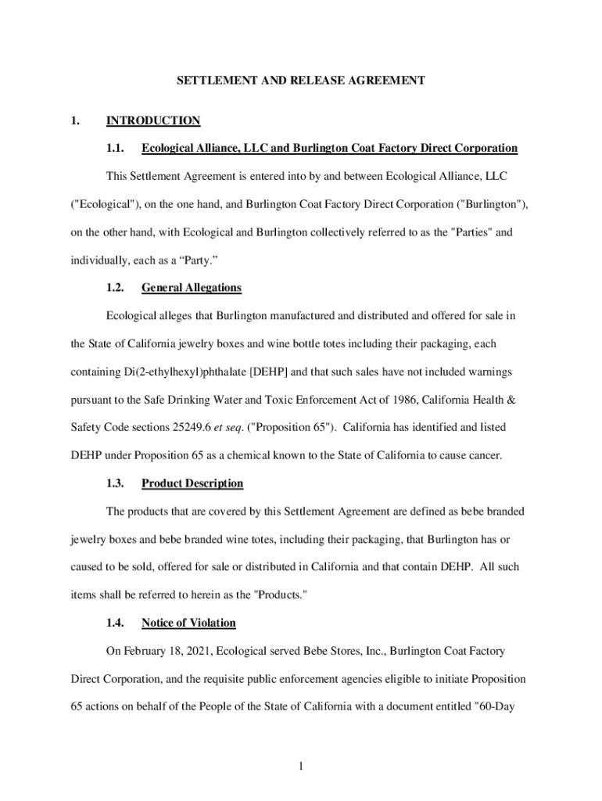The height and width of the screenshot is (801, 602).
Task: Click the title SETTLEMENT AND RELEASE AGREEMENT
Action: (x=300, y=81)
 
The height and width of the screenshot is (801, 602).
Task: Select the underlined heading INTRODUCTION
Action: (x=153, y=120)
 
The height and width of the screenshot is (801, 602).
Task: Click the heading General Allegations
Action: (x=192, y=288)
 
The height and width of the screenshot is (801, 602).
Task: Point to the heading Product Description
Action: (x=192, y=483)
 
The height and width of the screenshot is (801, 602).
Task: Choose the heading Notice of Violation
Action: (x=188, y=623)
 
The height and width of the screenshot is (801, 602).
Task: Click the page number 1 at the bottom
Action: (x=300, y=765)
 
